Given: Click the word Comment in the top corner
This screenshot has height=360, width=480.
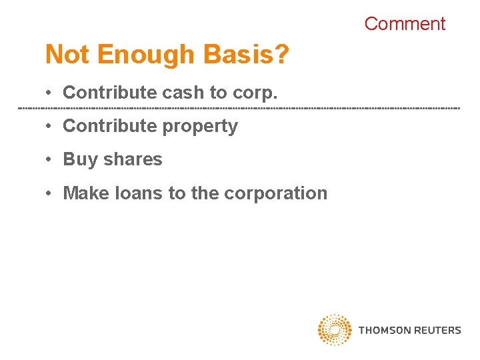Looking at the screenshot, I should click(x=405, y=24).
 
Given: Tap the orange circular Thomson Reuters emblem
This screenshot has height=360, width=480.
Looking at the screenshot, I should click(x=335, y=330).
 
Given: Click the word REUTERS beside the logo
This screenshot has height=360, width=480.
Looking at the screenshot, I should click(x=437, y=330).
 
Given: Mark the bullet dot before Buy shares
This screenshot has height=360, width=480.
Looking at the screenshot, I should click(x=50, y=160).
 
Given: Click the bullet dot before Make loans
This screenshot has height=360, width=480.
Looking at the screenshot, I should click(x=50, y=193).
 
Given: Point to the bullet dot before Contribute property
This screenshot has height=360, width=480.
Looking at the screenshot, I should click(x=50, y=127).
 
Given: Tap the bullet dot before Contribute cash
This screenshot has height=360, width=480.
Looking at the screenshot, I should click(x=50, y=93).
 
